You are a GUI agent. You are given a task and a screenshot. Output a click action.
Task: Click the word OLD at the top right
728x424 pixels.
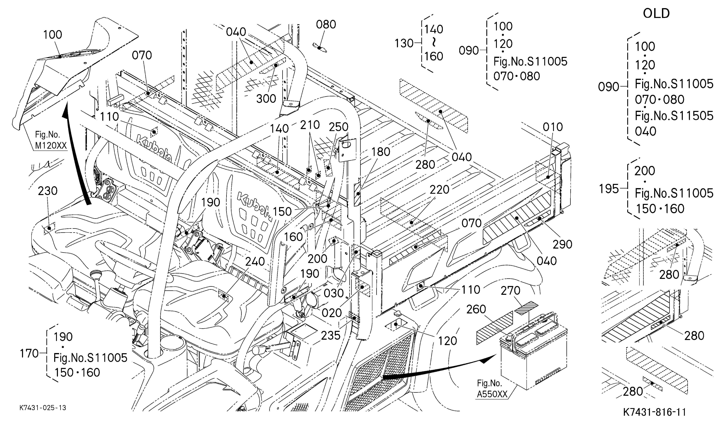[x=656, y=14]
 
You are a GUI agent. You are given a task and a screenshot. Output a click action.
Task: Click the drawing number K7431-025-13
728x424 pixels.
[x=43, y=408]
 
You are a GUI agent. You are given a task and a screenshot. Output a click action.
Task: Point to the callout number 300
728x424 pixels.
[x=266, y=99]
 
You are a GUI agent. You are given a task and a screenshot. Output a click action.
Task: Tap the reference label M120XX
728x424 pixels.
[x=51, y=146]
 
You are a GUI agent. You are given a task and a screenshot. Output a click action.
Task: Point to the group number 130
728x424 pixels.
[x=404, y=44]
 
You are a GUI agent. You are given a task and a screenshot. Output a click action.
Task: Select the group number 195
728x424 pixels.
[x=609, y=189]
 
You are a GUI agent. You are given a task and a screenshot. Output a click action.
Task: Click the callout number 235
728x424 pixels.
[x=331, y=336]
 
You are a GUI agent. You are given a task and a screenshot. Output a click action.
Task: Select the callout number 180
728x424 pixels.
[x=381, y=152]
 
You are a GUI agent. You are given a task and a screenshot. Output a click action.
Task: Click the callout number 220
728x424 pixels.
[x=439, y=190]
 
